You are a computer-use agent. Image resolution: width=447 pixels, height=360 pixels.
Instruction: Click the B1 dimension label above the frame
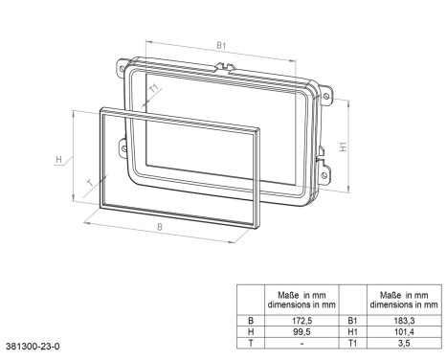(x=221, y=45)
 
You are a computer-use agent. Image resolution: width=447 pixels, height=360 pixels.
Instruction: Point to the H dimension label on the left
(x=58, y=158)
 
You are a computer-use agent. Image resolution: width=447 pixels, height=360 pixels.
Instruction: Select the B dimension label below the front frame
(x=159, y=228)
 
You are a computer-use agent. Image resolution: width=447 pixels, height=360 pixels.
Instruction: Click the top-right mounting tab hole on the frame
(x=327, y=97)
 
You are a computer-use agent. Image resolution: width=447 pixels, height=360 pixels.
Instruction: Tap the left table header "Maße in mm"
(x=302, y=299)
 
